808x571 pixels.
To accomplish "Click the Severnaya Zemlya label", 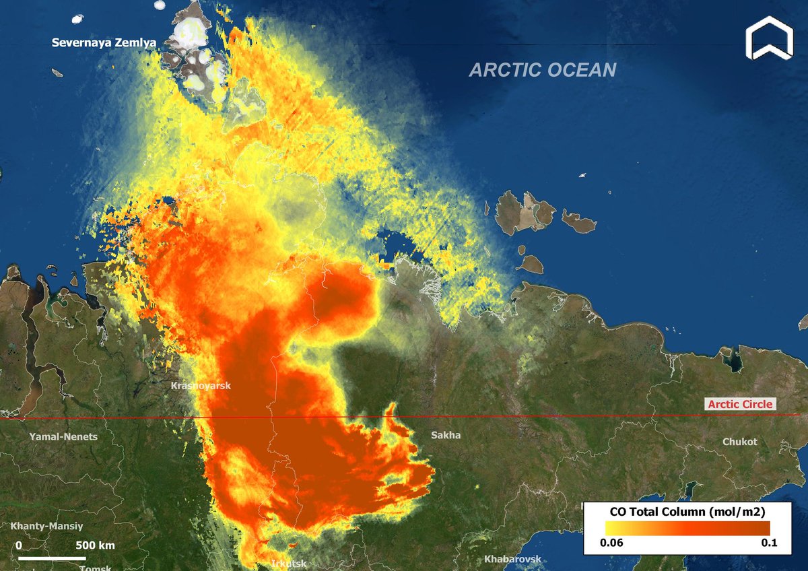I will click(104, 43).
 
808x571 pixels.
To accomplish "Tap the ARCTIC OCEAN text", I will click(542, 70).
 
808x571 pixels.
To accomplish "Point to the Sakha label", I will click(446, 435).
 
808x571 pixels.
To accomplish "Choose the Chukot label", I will click(739, 442).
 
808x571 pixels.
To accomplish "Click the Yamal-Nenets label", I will click(63, 436).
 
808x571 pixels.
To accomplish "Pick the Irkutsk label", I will click(289, 564).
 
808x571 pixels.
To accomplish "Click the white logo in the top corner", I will click(770, 40).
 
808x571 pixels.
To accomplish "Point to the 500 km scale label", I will click(94, 545).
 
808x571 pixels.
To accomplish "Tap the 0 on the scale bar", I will click(18, 545).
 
